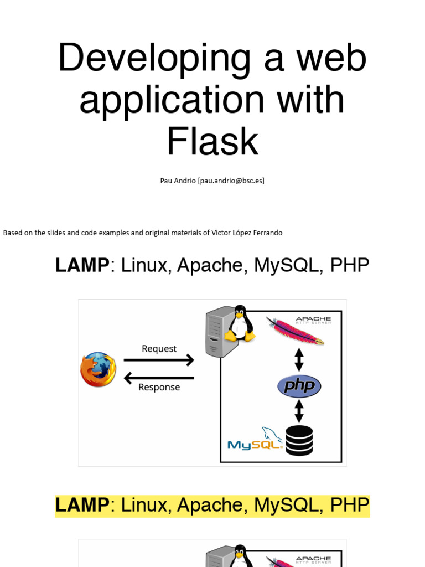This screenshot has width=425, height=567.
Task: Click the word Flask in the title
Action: tap(212, 141)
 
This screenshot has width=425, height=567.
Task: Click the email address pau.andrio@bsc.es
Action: tap(231, 181)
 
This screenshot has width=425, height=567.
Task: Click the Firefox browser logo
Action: tap(98, 369)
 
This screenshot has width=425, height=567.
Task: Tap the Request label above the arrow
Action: tap(159, 349)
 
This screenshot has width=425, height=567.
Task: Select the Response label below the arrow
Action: tap(159, 387)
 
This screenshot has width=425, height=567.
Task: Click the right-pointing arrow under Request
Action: tap(159, 360)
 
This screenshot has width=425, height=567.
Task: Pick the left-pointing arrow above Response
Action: tap(159, 378)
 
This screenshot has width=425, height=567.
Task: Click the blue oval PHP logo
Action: tap(299, 386)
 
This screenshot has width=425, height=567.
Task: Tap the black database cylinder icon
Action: tap(299, 441)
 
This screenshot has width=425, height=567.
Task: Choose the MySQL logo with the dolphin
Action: tap(256, 439)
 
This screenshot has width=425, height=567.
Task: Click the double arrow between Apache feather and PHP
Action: tap(299, 360)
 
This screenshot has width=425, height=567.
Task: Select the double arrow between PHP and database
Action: tap(299, 411)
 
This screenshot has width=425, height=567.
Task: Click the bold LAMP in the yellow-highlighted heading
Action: tap(82, 505)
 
